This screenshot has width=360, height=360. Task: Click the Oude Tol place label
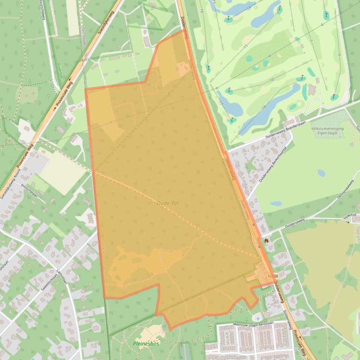168,203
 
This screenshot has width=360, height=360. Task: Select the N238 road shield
273,277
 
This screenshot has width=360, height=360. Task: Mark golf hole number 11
245,46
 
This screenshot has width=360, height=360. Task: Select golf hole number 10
271,80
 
